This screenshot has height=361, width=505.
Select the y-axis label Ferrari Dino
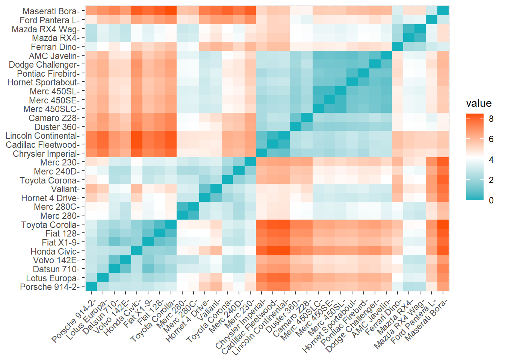pos(55,47)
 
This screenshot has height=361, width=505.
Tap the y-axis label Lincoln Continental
pos(42,136)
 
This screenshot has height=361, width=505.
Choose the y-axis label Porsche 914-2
pos(50,287)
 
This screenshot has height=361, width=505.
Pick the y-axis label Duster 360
pos(57,127)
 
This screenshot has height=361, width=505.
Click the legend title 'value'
pos(479,103)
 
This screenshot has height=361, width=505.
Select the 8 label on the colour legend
pos(491,119)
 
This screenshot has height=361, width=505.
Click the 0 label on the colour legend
pos(491,200)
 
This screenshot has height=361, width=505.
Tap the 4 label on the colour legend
pos(491,160)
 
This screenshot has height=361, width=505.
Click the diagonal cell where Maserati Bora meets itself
pos(443,11)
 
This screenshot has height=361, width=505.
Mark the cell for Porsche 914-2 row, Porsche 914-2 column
pos(91,287)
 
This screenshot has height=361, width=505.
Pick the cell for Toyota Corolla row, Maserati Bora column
pos(443,224)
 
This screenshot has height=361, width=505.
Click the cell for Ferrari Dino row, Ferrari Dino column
pos(397,47)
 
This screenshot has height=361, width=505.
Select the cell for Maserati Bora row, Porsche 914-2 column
pos(91,11)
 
